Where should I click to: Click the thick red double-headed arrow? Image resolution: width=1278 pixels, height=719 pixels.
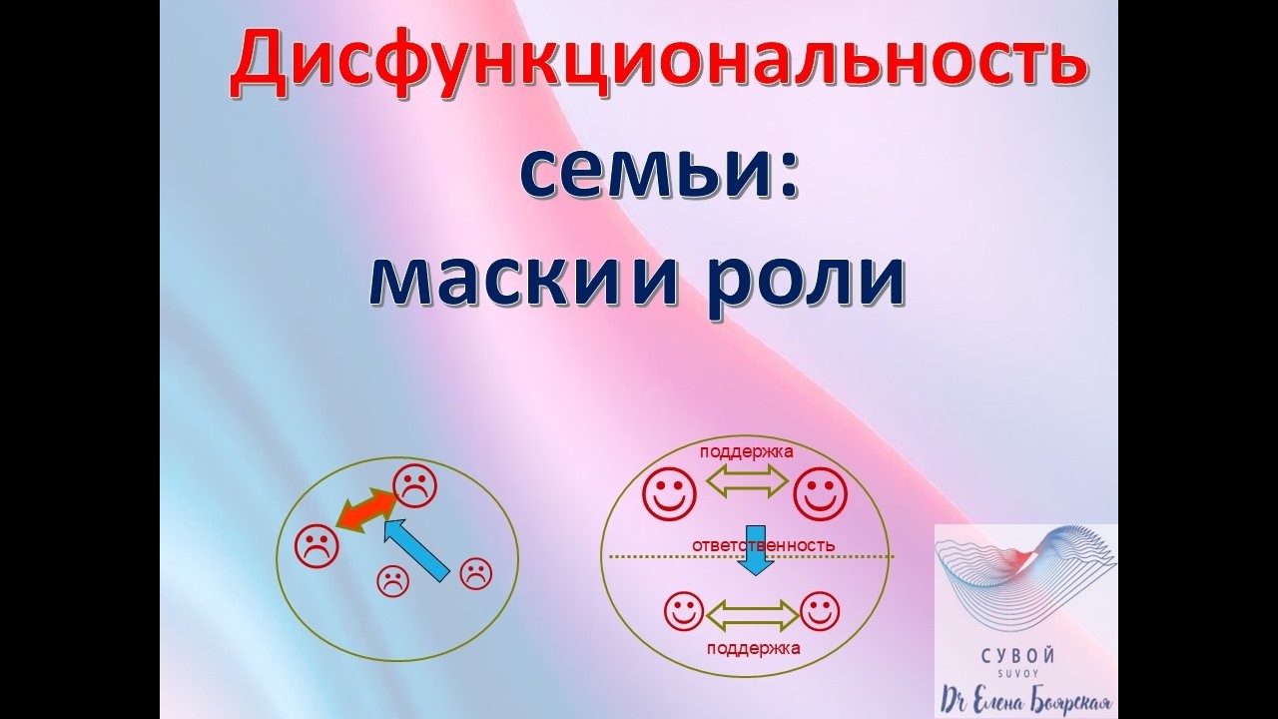tap(365, 508)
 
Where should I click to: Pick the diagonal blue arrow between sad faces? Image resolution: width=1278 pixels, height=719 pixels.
tap(417, 548)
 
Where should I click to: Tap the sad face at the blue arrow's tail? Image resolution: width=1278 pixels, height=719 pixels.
tap(475, 572)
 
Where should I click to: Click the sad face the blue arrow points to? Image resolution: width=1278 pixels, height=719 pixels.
tap(413, 486)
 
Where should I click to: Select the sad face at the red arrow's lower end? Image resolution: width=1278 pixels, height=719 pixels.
tap(317, 545)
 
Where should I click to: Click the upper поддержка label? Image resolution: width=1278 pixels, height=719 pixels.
tap(747, 451)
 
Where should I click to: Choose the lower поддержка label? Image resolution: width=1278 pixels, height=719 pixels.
tap(753, 647)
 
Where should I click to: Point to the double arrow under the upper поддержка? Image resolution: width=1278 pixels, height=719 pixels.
tap(747, 483)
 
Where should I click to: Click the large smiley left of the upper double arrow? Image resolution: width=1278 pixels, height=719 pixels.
tap(667, 491)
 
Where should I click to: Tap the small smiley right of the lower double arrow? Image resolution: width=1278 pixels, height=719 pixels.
tap(820, 611)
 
